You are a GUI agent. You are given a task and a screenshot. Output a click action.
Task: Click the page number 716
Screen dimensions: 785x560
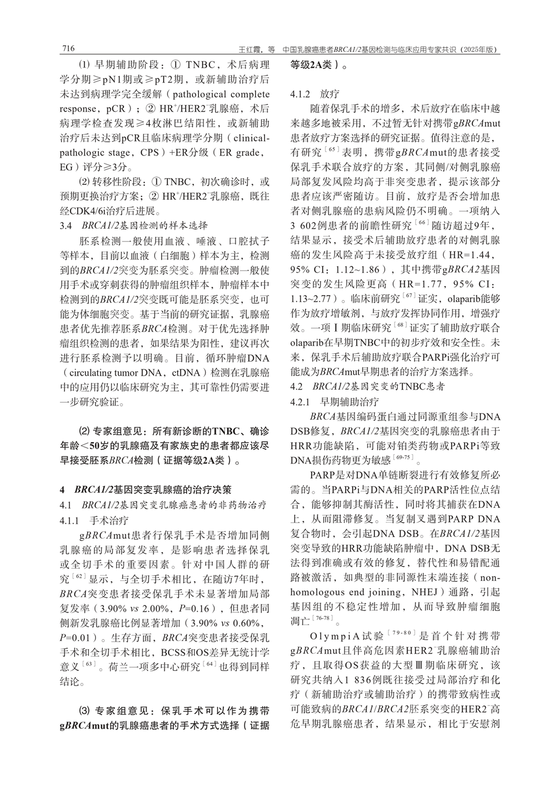tap(68, 49)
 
